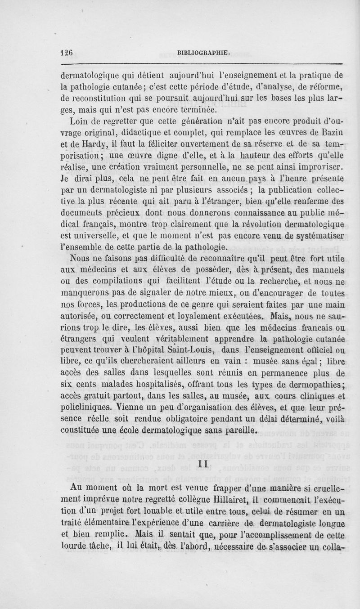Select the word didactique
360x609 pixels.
[154, 132]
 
